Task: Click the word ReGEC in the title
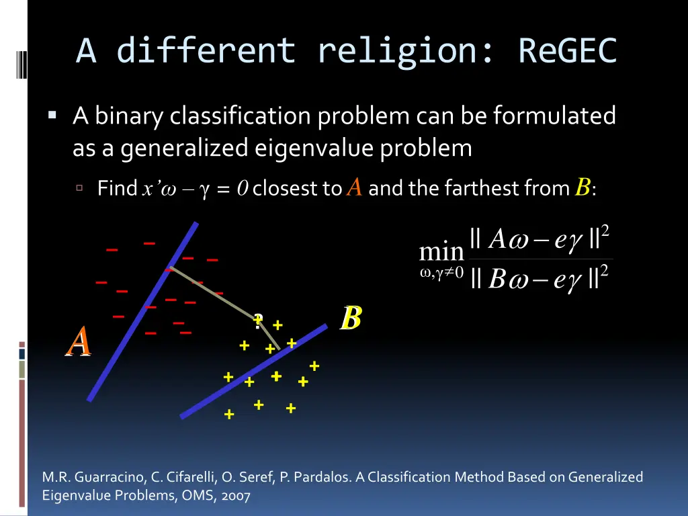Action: point(567,51)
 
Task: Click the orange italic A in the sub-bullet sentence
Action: point(354,187)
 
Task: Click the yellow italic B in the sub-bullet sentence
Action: point(582,187)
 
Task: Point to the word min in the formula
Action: point(441,253)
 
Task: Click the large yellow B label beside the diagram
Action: point(351,318)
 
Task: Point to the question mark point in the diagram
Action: point(258,320)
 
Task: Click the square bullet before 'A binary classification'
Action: point(52,116)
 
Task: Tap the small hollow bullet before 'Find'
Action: point(80,188)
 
